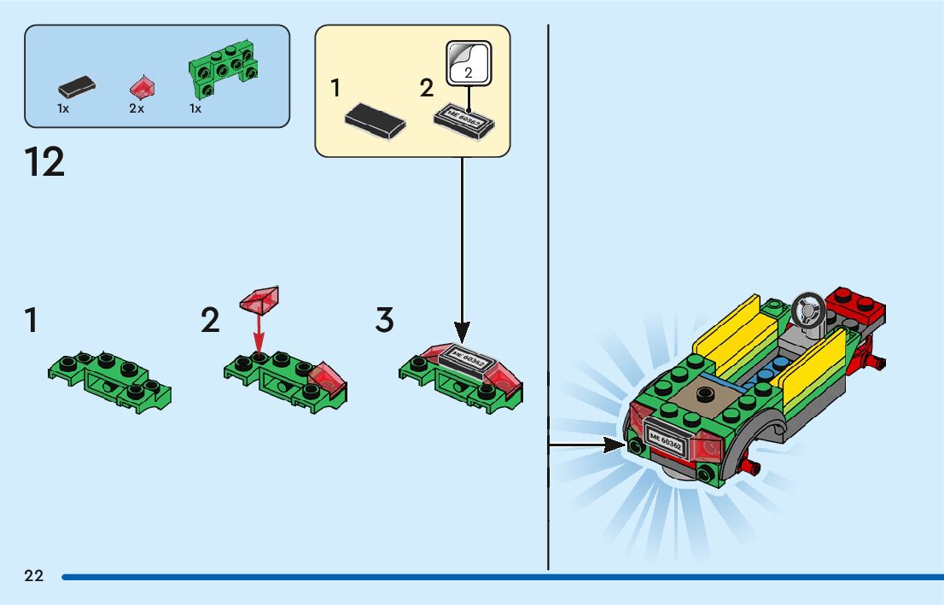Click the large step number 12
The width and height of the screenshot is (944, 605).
[x=45, y=162]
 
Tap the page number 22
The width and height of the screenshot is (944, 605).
[x=34, y=576]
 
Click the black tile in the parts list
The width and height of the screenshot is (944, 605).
[x=76, y=85]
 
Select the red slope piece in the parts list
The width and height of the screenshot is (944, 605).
[x=142, y=85]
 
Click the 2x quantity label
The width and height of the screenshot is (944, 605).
[x=137, y=109]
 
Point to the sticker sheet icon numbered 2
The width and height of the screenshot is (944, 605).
[x=468, y=64]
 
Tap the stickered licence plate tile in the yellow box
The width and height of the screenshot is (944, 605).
[x=463, y=122]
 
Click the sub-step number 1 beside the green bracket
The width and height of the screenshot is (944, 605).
[x=32, y=321]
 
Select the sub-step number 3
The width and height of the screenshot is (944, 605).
[x=385, y=321]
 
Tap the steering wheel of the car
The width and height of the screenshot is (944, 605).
[x=807, y=308]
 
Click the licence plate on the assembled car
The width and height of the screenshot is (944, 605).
[x=666, y=436]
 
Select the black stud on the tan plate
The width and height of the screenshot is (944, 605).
[x=705, y=393]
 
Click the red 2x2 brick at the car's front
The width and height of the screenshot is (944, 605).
[x=856, y=303]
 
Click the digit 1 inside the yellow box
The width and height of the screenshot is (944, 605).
[x=335, y=88]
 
